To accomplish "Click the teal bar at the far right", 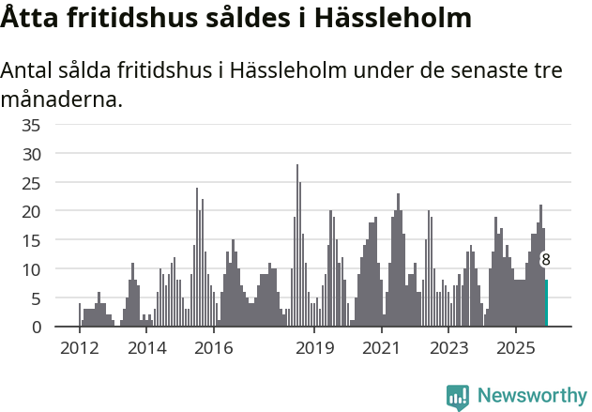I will tap(546, 303).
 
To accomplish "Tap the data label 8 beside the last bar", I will tap(546, 260).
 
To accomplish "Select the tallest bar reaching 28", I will tap(297, 246).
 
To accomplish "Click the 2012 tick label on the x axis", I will tap(79, 348).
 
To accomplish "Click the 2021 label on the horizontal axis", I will tap(381, 348).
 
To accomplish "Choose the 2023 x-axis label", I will tap(448, 348).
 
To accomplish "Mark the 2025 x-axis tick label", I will tap(515, 348).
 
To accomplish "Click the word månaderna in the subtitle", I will tap(62, 99).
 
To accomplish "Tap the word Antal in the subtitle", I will tap(31, 70).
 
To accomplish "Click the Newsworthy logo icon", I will tap(458, 397).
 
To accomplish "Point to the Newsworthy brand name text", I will tap(531, 396).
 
